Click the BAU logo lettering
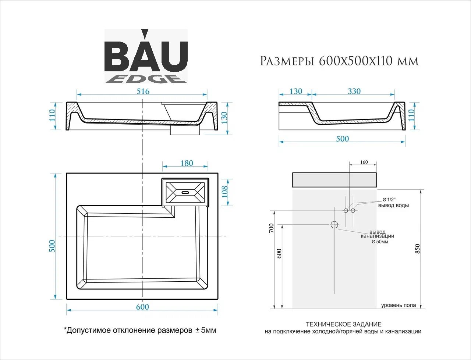pyautogui.click(x=146, y=56)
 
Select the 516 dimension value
pyautogui.click(x=143, y=91)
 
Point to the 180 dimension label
pyautogui.click(x=187, y=163)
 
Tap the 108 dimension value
pyautogui.click(x=224, y=192)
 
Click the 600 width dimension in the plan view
pyautogui.click(x=142, y=307)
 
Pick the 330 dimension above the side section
pyautogui.click(x=354, y=91)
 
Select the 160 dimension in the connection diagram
pyautogui.click(x=364, y=162)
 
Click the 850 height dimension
pyautogui.click(x=417, y=249)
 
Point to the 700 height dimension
pyautogui.click(x=272, y=228)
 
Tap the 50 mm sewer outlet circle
pyautogui.click(x=334, y=225)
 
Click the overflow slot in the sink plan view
pyautogui.click(x=185, y=192)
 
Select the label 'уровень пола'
pyautogui.click(x=399, y=305)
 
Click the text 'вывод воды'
pyautogui.click(x=393, y=206)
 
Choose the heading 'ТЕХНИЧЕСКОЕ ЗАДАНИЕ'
pyautogui.click(x=344, y=324)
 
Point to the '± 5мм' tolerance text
pyautogui.click(x=206, y=330)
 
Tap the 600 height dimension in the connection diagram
pyautogui.click(x=279, y=253)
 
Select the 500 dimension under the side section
pyautogui.click(x=343, y=139)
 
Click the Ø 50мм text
pyautogui.click(x=380, y=242)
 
